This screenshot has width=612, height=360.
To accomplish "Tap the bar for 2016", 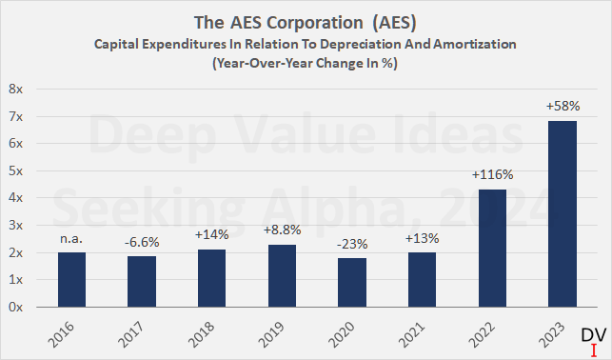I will [x=71, y=280].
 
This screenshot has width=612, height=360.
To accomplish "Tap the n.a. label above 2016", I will [x=71, y=239].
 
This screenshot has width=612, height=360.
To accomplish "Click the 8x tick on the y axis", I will [x=17, y=89].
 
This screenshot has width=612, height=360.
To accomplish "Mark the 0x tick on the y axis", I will [x=17, y=308].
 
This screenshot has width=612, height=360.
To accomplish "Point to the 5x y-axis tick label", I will [x=17, y=170].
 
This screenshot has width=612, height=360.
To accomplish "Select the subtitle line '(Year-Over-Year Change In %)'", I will [x=306, y=64].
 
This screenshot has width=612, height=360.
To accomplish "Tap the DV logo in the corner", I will [x=592, y=338].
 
